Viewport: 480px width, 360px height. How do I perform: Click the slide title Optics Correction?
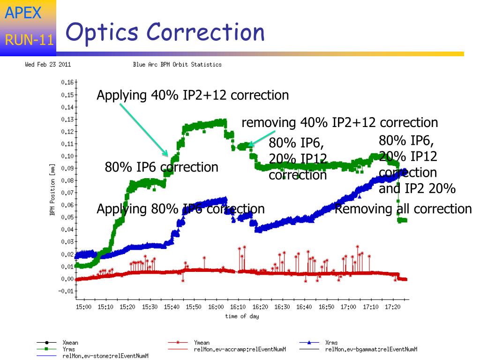coord(165,33)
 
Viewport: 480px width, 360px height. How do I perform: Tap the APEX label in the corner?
coord(23,13)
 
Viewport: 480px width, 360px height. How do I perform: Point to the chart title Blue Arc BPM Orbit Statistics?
coord(177,65)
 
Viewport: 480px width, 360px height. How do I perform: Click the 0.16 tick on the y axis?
coord(67,82)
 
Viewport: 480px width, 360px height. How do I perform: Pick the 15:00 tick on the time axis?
coord(83,307)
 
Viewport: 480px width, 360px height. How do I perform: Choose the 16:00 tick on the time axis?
coord(216,307)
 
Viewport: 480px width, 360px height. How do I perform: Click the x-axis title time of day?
coord(242,316)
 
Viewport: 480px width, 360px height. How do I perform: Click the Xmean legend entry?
coord(70,343)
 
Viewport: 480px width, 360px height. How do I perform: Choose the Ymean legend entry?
coord(202,343)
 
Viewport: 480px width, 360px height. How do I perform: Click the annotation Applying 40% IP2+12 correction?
coord(193,96)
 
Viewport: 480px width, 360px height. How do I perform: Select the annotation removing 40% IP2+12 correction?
coord(339,123)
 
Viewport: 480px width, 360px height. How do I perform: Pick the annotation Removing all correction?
coord(403,209)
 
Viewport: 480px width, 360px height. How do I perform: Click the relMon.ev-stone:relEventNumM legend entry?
coord(105,356)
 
